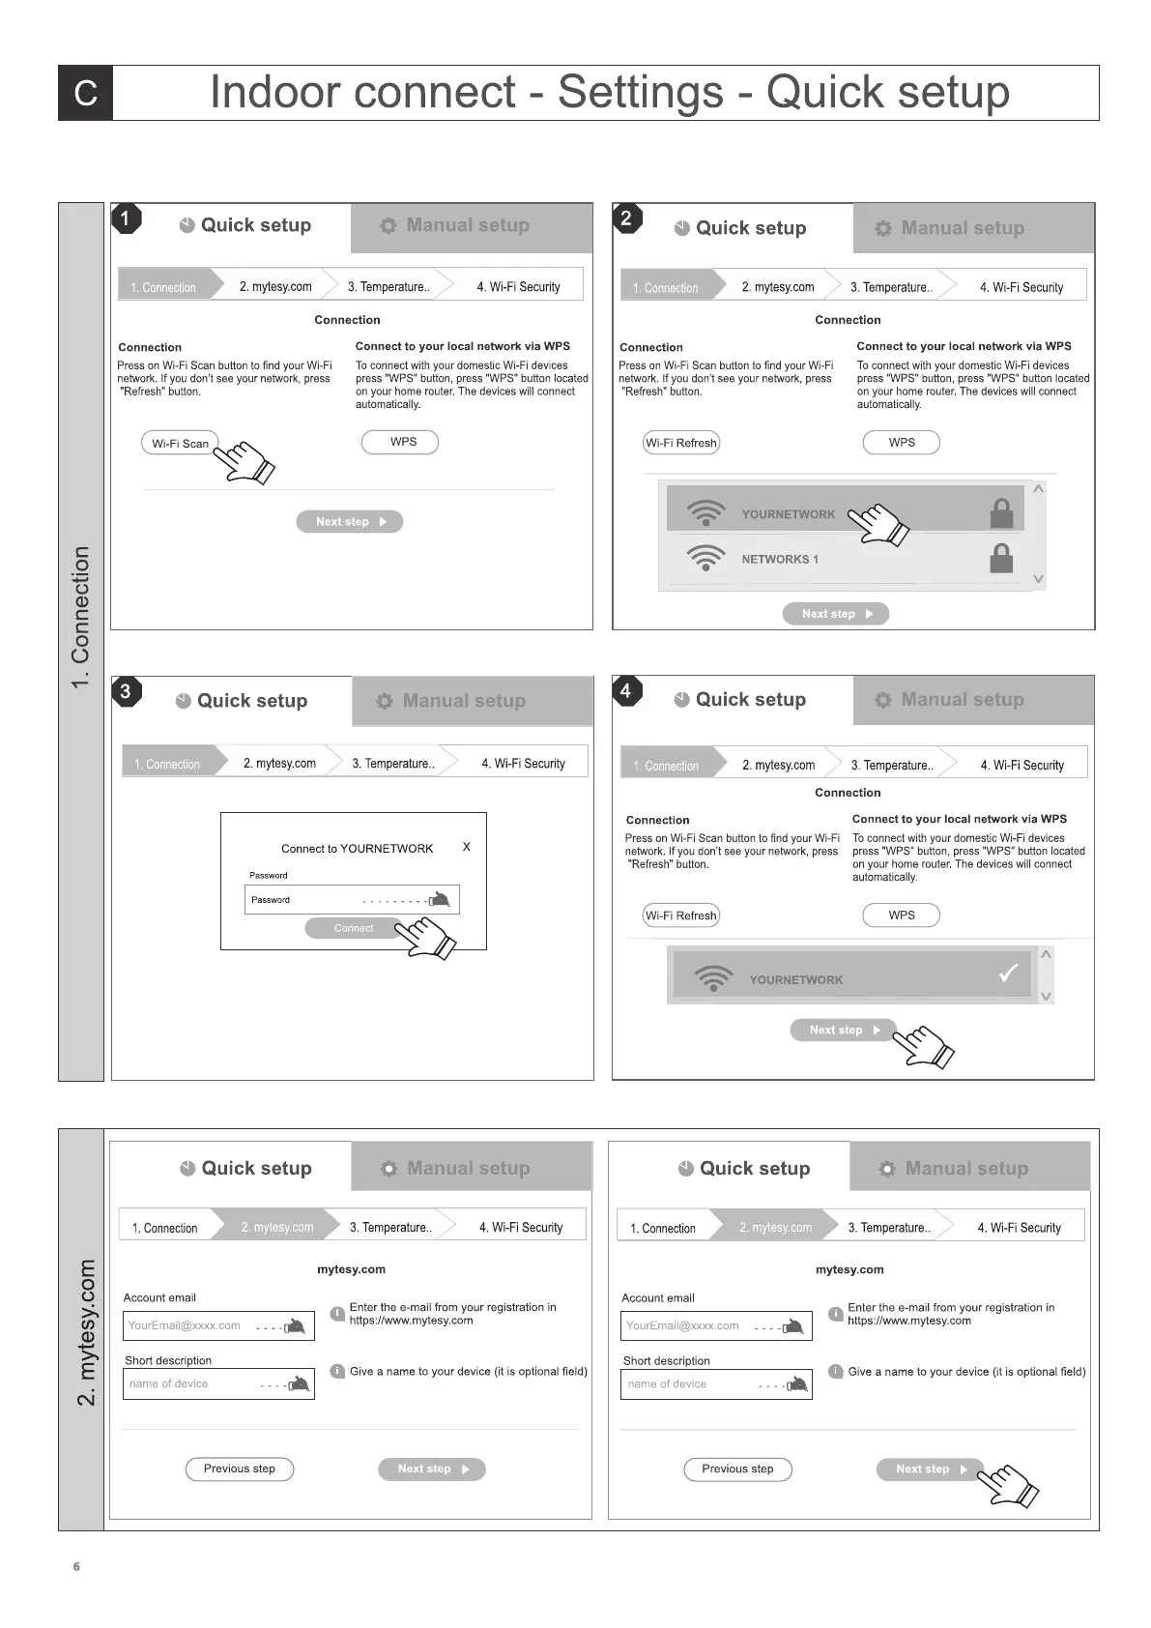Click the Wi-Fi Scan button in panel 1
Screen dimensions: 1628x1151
pyautogui.click(x=180, y=444)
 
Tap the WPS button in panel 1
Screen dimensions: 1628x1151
pyautogui.click(x=400, y=442)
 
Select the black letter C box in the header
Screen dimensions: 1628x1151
pyautogui.click(x=86, y=93)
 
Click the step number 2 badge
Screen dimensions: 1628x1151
pyautogui.click(x=626, y=218)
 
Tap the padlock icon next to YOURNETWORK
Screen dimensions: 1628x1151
pyautogui.click(x=1001, y=512)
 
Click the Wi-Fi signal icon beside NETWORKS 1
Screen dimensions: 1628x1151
pyautogui.click(x=705, y=558)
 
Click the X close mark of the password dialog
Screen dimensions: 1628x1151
pyautogui.click(x=467, y=847)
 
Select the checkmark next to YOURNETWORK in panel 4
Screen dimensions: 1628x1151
pyautogui.click(x=1008, y=974)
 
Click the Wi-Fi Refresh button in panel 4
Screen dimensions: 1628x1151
pyautogui.click(x=681, y=916)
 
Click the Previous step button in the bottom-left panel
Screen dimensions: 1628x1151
pyautogui.click(x=240, y=1468)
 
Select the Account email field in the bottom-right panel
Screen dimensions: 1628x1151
pyautogui.click(x=716, y=1325)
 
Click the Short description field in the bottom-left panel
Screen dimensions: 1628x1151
pyautogui.click(x=218, y=1383)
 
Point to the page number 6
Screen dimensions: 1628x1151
pyautogui.click(x=76, y=1566)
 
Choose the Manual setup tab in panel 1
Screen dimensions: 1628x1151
pyautogui.click(x=470, y=226)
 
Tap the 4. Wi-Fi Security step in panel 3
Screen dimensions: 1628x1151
pyautogui.click(x=523, y=764)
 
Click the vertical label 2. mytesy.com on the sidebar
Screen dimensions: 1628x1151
pyautogui.click(x=86, y=1332)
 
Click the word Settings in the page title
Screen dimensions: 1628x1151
pyautogui.click(x=640, y=93)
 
